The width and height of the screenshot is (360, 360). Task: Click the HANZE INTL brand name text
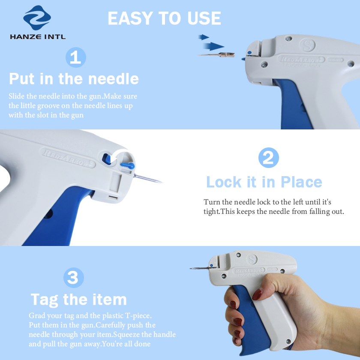(38, 37)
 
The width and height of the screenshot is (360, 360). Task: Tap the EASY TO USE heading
(164, 18)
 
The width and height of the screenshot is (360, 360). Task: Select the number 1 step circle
(75, 57)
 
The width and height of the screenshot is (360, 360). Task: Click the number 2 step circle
(268, 158)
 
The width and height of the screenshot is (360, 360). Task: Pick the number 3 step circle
(73, 278)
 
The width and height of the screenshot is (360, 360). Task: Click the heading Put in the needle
(74, 79)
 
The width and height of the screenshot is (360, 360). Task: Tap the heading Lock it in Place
(264, 182)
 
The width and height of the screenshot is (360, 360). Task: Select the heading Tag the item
(78, 299)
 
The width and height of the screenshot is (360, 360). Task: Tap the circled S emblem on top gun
(306, 45)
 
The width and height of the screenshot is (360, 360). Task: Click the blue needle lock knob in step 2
(127, 164)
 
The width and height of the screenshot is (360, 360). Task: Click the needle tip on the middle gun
(160, 181)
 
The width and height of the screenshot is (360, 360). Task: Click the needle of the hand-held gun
(199, 269)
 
